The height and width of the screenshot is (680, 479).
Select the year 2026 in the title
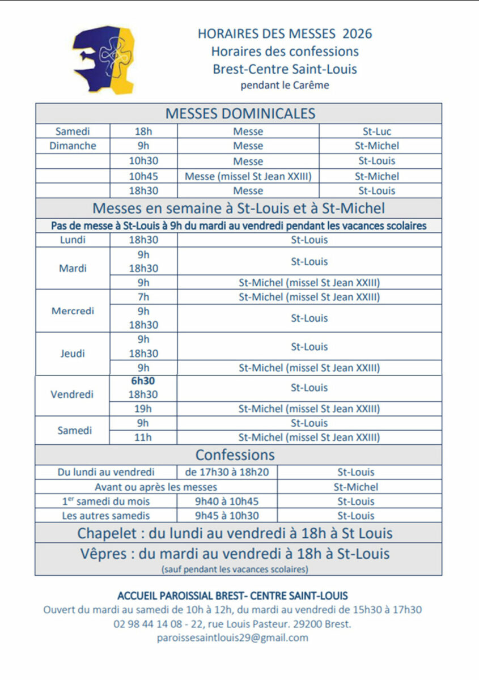click(x=357, y=33)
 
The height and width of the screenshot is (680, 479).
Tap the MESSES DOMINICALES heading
click(x=240, y=113)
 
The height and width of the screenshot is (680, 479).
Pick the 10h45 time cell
click(x=143, y=176)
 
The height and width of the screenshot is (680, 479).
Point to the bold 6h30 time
click(x=143, y=381)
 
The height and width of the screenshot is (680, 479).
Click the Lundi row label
click(x=73, y=240)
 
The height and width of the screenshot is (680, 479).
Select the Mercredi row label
click(x=73, y=311)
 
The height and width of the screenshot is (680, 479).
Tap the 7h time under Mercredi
click(x=143, y=297)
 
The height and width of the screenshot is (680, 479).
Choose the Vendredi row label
click(x=72, y=394)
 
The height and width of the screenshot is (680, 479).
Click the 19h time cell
click(x=143, y=409)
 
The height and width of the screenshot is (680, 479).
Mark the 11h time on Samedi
click(x=143, y=437)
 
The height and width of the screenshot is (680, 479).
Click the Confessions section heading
click(x=235, y=455)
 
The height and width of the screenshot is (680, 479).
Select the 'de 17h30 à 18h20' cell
click(x=227, y=472)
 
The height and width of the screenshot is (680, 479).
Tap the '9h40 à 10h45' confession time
click(x=227, y=501)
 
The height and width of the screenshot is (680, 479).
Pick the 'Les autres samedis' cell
click(x=106, y=516)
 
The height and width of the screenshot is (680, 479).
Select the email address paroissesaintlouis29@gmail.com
click(x=232, y=637)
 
